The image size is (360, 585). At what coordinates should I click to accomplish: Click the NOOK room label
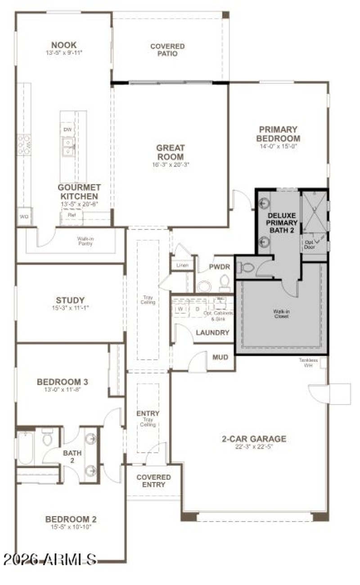click(63, 45)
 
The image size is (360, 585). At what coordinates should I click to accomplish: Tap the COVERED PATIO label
click(167, 50)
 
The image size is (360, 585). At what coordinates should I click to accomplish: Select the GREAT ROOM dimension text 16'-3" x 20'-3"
click(171, 165)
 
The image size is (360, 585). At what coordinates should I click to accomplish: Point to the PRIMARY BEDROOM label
click(279, 134)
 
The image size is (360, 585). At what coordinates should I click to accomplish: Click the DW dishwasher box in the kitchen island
click(67, 130)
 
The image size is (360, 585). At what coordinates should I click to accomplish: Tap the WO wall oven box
click(24, 217)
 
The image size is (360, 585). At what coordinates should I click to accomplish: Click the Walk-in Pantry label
click(85, 241)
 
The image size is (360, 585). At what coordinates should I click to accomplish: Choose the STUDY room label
click(70, 300)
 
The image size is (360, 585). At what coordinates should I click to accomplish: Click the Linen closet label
click(182, 265)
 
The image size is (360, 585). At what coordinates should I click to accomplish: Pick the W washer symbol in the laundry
click(180, 310)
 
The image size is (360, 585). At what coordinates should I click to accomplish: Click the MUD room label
click(220, 357)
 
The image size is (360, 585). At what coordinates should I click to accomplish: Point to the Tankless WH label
click(308, 362)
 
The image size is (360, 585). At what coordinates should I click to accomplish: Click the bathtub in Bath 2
click(26, 448)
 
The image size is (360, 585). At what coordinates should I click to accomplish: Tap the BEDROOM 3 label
click(62, 382)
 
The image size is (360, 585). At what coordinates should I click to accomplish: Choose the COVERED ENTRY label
click(153, 481)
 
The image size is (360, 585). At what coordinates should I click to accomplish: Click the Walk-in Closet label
click(281, 313)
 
